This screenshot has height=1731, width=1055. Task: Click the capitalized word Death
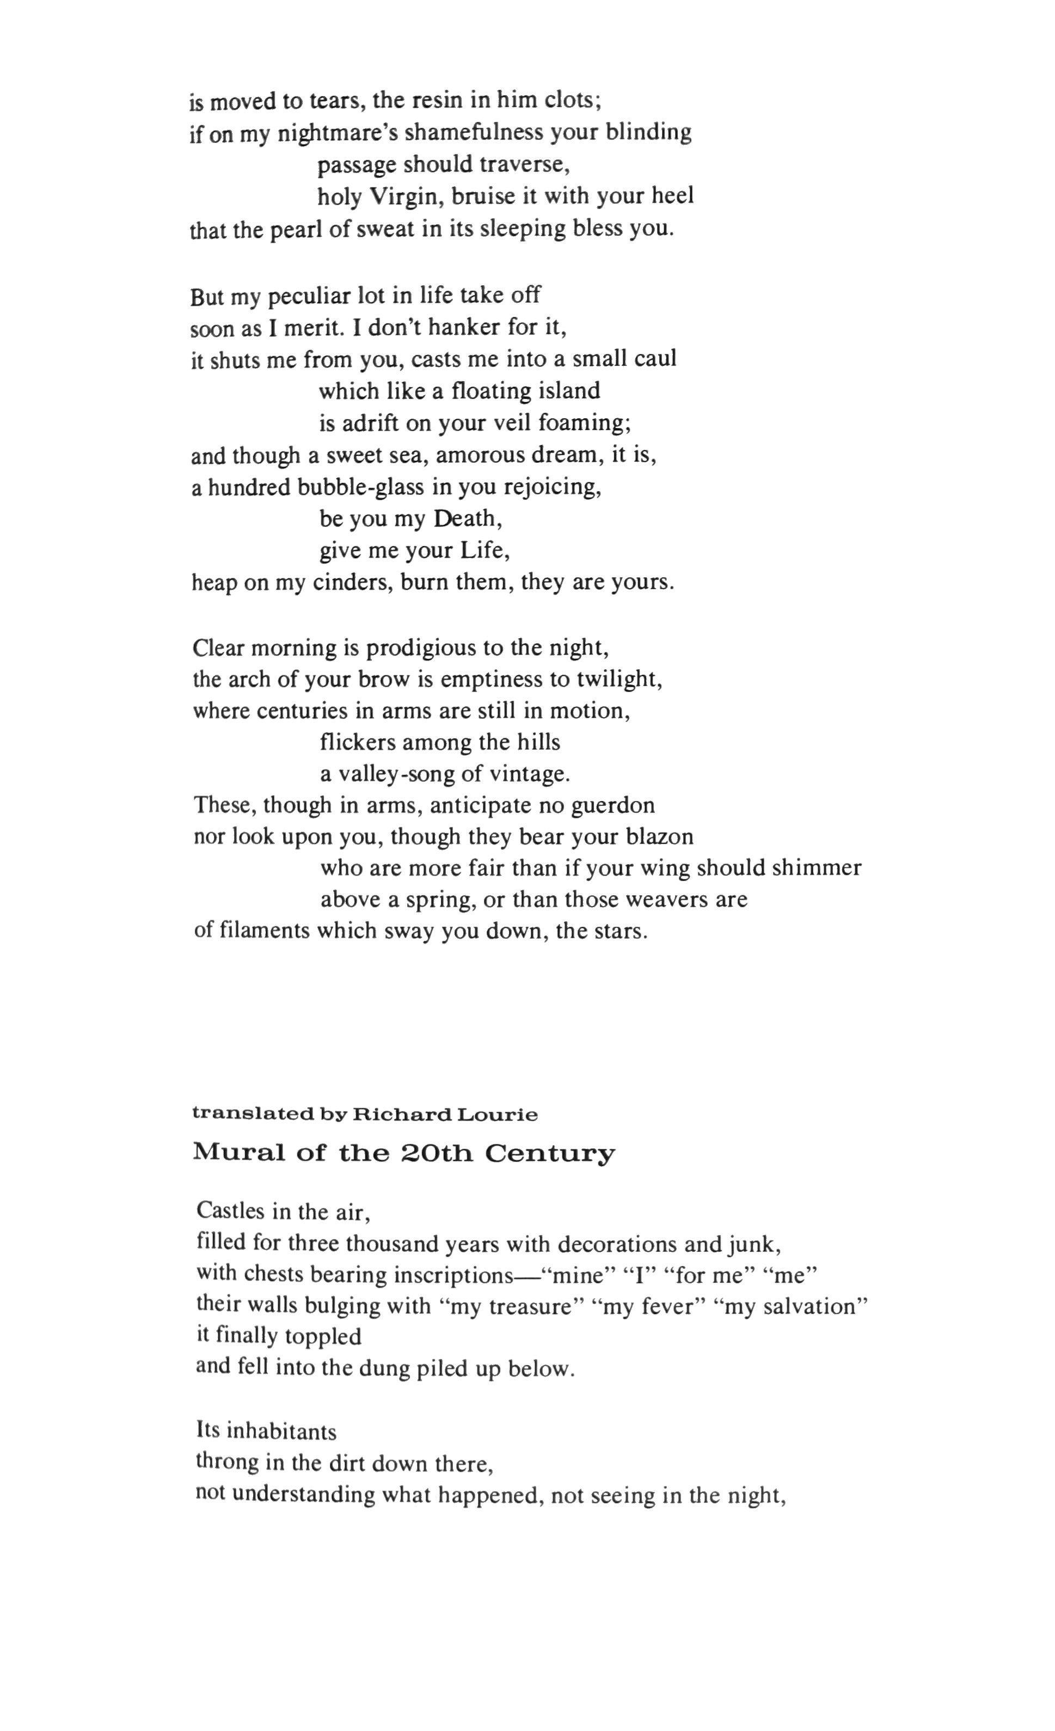467,518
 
